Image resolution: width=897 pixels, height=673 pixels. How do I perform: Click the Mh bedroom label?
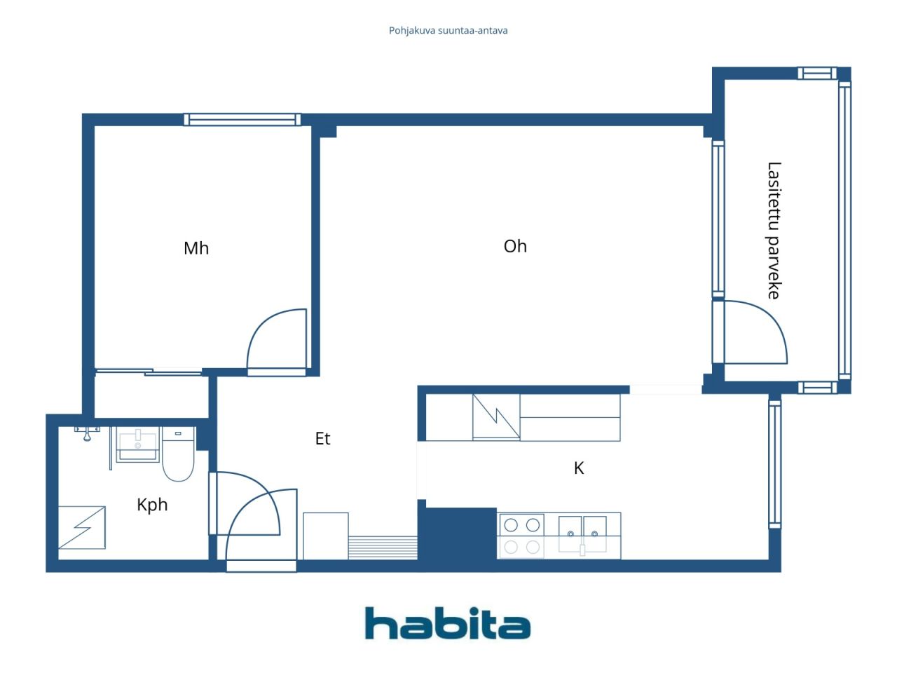coord(196,248)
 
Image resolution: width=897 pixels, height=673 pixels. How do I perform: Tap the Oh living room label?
coord(515,246)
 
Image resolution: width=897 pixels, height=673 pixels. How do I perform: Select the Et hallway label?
coord(322,438)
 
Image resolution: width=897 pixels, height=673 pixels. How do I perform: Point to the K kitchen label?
coord(579,468)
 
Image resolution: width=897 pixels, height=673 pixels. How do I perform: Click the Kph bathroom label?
coord(152,505)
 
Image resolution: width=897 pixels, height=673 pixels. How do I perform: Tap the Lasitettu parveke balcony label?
coord(774,230)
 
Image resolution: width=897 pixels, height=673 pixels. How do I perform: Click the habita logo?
coord(448,623)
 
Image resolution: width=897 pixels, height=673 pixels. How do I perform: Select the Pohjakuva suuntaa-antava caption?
coord(448,31)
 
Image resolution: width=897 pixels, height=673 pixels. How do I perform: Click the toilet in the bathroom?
coord(178,454)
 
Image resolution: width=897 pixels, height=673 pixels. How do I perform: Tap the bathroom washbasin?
coord(137,444)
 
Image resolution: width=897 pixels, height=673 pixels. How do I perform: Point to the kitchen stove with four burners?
coord(521,536)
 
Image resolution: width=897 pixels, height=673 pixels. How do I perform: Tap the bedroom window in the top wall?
coord(242,119)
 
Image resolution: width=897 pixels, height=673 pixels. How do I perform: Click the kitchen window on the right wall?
coord(775,464)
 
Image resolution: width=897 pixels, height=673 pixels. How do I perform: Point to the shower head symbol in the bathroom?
coord(87,433)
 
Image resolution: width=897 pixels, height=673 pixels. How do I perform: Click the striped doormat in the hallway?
coord(383,548)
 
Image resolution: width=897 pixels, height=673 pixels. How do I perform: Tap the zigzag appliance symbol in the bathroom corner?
coord(82,527)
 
